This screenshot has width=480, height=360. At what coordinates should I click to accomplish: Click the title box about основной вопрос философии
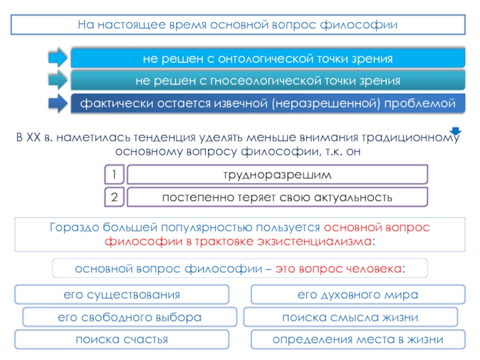pyautogui.click(x=238, y=25)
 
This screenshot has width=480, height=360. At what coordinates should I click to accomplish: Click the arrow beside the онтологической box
pyautogui.click(x=58, y=58)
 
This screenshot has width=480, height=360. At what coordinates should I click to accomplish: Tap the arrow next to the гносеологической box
pyautogui.click(x=58, y=80)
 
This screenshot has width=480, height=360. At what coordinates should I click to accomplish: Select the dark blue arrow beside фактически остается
pyautogui.click(x=58, y=103)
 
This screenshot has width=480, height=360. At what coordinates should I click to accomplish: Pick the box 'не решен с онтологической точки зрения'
pyautogui.click(x=268, y=59)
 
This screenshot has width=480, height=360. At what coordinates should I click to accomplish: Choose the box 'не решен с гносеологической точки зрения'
pyautogui.click(x=268, y=80)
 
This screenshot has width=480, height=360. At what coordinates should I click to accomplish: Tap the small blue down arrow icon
pyautogui.click(x=455, y=132)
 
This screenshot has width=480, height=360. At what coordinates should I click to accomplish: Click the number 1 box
pyautogui.click(x=114, y=175)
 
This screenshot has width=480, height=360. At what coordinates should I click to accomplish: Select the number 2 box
pyautogui.click(x=114, y=197)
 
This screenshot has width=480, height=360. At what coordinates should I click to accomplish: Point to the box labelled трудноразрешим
pyautogui.click(x=277, y=175)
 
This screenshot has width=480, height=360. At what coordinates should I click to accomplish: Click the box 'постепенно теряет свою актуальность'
pyautogui.click(x=277, y=197)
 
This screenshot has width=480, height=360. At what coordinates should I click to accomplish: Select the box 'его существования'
pyautogui.click(x=122, y=295)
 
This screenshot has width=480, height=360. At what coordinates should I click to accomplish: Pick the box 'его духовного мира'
pyautogui.click(x=358, y=295)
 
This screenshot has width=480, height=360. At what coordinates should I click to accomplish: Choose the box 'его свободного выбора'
pyautogui.click(x=129, y=317)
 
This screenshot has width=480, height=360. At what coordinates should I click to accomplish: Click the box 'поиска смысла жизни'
pyautogui.click(x=350, y=317)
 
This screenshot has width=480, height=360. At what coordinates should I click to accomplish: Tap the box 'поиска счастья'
pyautogui.click(x=122, y=340)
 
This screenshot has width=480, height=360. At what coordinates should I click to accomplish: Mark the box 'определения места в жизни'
pyautogui.click(x=358, y=340)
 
